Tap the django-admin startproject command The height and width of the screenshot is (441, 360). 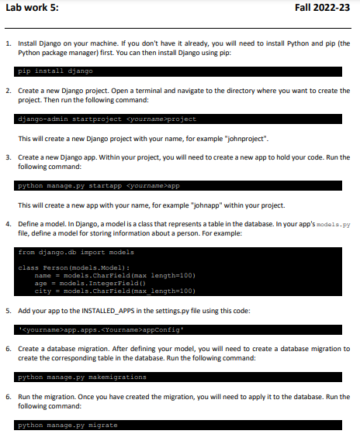point(106,119)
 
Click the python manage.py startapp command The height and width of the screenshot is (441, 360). point(99,186)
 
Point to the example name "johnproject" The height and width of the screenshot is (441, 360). point(245,139)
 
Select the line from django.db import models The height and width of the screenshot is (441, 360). point(76,252)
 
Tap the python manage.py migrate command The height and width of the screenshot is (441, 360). point(67,425)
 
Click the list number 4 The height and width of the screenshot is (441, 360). point(8,224)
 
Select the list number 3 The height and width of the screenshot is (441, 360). point(8,157)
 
